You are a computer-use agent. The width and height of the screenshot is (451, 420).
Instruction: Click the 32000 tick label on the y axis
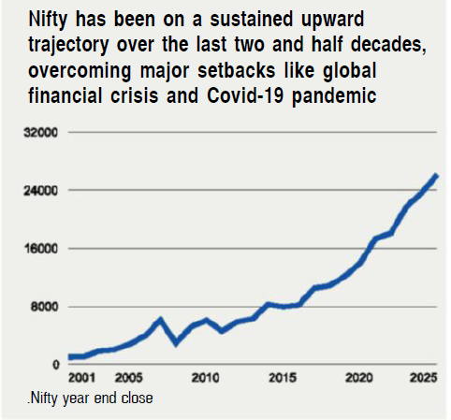pos(42,133)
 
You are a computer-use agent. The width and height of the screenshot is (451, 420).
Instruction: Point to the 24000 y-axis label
pos(42,191)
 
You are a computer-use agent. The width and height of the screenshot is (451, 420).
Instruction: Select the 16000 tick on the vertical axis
pos(42,249)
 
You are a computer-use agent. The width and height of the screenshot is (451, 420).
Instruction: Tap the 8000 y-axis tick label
pos(45,307)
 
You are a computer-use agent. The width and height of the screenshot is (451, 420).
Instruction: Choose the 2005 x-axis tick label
pos(128,378)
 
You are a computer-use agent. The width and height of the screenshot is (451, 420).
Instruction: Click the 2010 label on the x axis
pos(205,378)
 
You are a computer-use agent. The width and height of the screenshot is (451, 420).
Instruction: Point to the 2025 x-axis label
pos(420,378)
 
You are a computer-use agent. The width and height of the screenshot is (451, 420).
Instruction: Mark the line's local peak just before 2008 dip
pos(160,320)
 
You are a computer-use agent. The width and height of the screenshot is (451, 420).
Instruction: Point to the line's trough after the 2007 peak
pos(176,343)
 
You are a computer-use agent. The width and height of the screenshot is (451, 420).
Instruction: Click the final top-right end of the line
pos(436,176)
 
